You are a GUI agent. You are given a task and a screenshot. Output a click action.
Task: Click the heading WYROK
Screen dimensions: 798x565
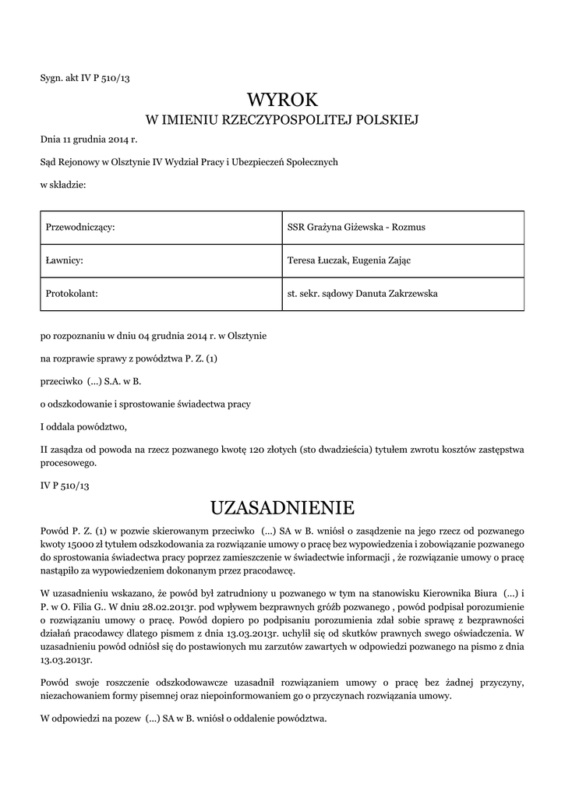tap(282, 100)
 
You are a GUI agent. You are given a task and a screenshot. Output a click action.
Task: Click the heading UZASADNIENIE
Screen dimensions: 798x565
tap(282, 508)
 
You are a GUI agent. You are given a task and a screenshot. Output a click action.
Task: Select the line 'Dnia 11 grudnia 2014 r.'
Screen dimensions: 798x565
tap(88, 140)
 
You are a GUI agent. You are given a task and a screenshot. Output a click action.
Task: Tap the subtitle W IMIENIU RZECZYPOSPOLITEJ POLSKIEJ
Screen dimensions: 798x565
tap(282, 120)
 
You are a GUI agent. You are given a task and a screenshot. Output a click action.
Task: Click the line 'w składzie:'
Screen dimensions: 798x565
tap(62, 184)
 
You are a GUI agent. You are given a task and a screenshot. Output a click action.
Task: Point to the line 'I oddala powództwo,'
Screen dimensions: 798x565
tap(83, 426)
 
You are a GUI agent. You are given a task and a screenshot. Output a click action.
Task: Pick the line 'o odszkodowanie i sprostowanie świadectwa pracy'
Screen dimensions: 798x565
tap(145, 404)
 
